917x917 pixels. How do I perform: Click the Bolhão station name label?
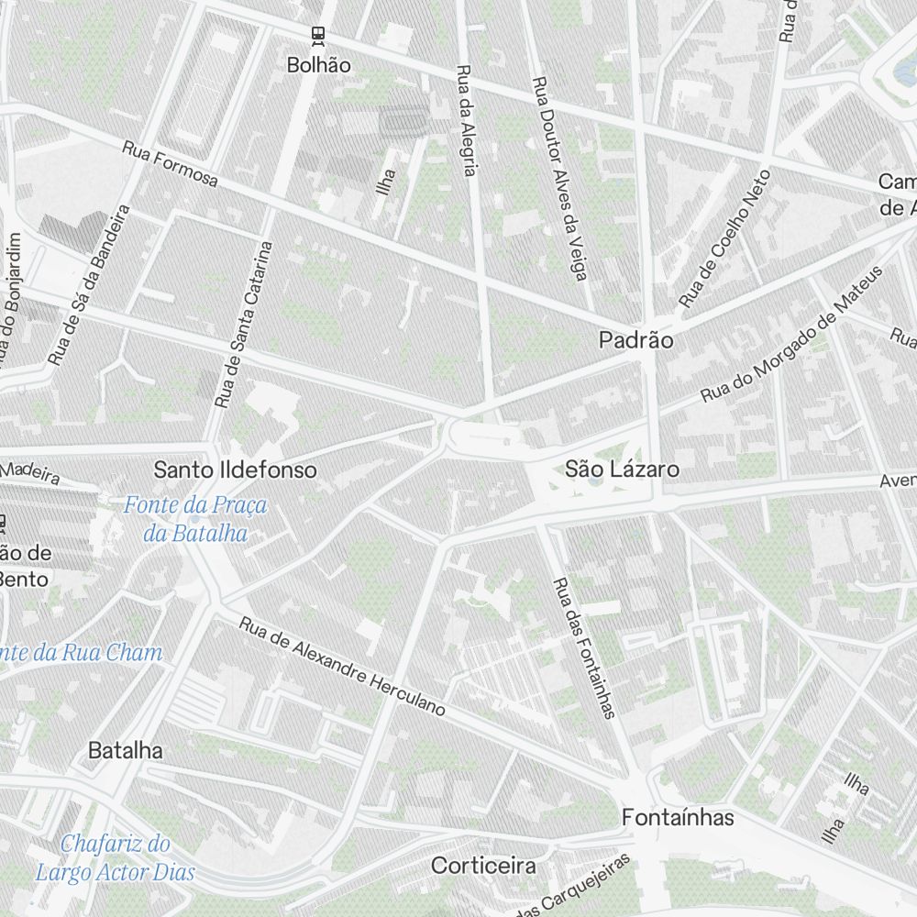pyautogui.click(x=318, y=65)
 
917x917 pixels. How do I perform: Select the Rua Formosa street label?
pyautogui.click(x=171, y=164)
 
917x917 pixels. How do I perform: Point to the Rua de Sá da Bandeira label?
pyautogui.click(x=89, y=283)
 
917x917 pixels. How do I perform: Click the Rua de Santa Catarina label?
pyautogui.click(x=243, y=324)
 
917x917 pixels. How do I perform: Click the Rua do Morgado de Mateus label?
pyautogui.click(x=790, y=335)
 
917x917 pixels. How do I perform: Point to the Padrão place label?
pyautogui.click(x=635, y=340)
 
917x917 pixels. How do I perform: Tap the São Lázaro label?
pyautogui.click(x=622, y=470)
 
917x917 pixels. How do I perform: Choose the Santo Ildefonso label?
pyautogui.click(x=235, y=470)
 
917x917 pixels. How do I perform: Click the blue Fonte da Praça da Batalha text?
pyautogui.click(x=195, y=518)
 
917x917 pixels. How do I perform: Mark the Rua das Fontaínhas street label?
pyautogui.click(x=583, y=646)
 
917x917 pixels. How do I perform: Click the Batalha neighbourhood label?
pyautogui.click(x=125, y=750)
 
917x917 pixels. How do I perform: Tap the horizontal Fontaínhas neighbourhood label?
pyautogui.click(x=678, y=817)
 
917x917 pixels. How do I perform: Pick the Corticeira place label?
pyautogui.click(x=483, y=865)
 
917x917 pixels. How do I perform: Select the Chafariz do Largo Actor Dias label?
pyautogui.click(x=116, y=856)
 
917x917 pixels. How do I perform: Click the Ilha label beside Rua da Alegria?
pyautogui.click(x=387, y=182)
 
